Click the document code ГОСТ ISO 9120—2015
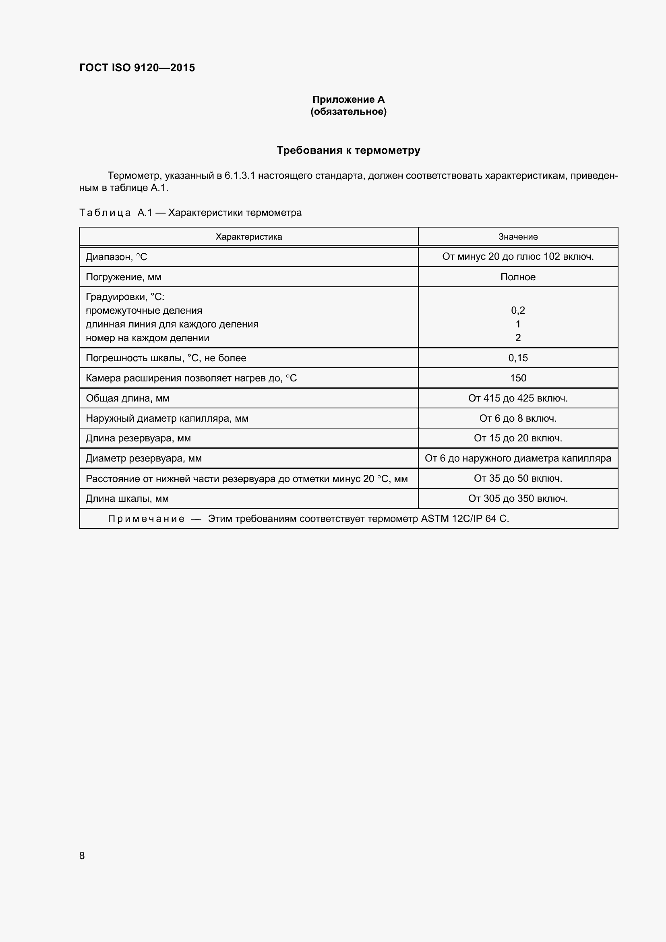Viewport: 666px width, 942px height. pyautogui.click(x=137, y=68)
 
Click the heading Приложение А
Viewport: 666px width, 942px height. pyautogui.click(x=348, y=99)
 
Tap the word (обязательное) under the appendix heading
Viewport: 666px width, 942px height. pyautogui.click(x=348, y=112)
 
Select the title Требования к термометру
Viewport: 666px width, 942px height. pyautogui.click(x=348, y=150)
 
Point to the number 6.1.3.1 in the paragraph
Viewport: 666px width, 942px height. pyautogui.click(x=240, y=176)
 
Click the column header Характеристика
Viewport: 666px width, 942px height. pyautogui.click(x=248, y=237)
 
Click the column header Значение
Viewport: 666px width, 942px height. pyautogui.click(x=517, y=237)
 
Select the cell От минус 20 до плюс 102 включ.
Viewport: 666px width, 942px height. pyautogui.click(x=517, y=257)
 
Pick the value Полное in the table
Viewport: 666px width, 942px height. pyautogui.click(x=517, y=277)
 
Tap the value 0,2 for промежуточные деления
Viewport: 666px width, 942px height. pyautogui.click(x=517, y=311)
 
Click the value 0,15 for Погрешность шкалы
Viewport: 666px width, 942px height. pyautogui.click(x=517, y=358)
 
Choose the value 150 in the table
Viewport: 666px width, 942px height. pyautogui.click(x=517, y=378)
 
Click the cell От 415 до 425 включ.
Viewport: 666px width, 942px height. pyautogui.click(x=517, y=398)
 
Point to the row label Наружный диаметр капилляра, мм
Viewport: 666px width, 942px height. pyautogui.click(x=167, y=418)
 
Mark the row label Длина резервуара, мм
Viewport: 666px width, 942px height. pyautogui.click(x=138, y=438)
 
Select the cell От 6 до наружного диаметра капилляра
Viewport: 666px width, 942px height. pyautogui.click(x=517, y=458)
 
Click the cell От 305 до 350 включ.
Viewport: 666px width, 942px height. pyautogui.click(x=517, y=499)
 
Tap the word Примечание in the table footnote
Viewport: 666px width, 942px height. pyautogui.click(x=146, y=519)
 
